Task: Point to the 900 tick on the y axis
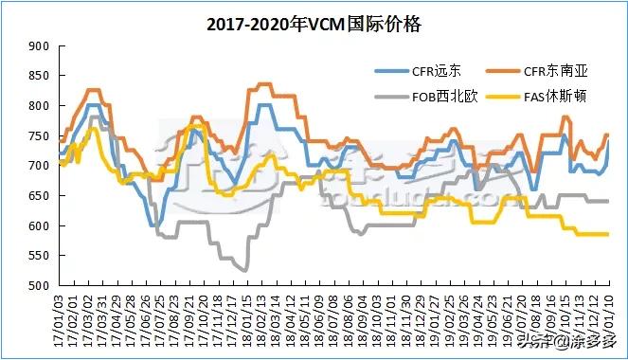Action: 39,45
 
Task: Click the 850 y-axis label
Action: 39,76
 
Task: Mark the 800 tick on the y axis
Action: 39,106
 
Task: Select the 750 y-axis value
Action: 39,136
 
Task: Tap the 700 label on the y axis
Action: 39,166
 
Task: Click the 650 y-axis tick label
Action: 39,196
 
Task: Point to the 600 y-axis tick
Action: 39,226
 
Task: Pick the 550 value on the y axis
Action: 39,257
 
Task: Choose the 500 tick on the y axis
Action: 39,286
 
